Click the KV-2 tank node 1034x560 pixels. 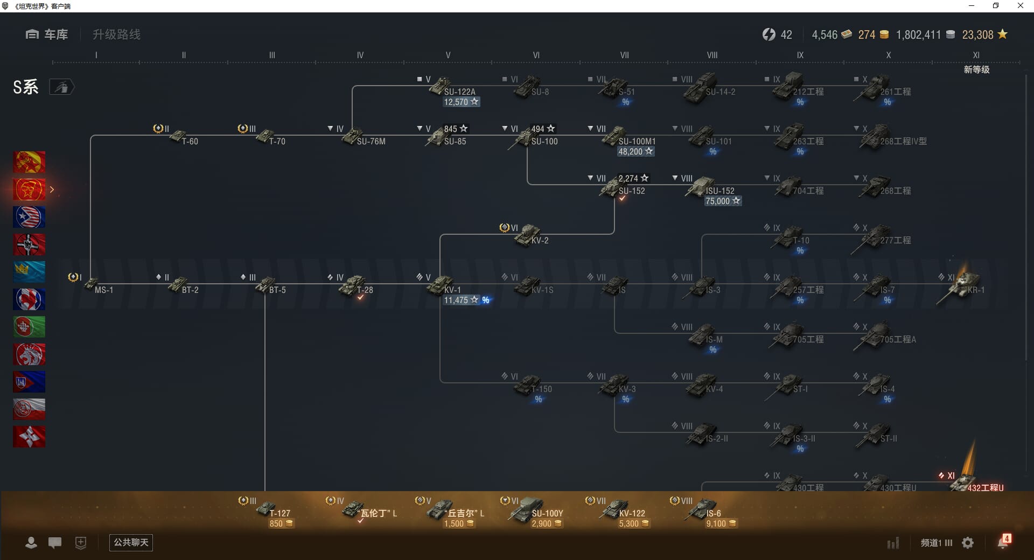[530, 236]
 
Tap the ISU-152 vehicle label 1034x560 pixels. [719, 191]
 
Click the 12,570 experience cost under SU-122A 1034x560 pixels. [461, 102]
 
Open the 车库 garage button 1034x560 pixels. [47, 34]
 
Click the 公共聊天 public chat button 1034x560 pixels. [131, 542]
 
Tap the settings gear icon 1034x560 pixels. [968, 543]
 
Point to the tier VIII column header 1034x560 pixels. [712, 55]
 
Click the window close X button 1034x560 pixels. [1020, 6]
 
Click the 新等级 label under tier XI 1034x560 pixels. [976, 69]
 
